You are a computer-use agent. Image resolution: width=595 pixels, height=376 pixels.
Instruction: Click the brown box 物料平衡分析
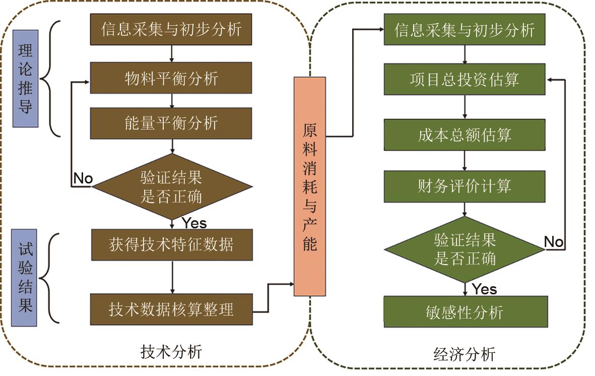coord(171,79)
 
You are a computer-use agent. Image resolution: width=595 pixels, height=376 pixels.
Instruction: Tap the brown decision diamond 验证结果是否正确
coord(171,187)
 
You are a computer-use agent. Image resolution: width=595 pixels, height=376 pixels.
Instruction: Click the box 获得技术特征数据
coord(171,245)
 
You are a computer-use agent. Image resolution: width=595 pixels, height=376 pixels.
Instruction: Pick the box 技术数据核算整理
coord(171,308)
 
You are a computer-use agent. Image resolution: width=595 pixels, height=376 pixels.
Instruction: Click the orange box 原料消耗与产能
coord(310,186)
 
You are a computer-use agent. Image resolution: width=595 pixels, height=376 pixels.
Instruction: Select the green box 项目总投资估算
coord(464,79)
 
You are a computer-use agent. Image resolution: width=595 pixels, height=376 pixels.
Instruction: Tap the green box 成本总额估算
coord(464,135)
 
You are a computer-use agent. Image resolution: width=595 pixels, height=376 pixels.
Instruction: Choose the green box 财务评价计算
coord(464,186)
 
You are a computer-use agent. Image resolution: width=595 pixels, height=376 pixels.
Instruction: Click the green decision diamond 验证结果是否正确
coord(464,249)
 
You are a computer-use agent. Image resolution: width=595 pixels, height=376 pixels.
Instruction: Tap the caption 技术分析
coord(172,351)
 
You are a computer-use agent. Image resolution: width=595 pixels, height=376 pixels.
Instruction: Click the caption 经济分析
coord(464,354)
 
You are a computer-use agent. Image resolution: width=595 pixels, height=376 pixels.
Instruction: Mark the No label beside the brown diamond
coord(83,178)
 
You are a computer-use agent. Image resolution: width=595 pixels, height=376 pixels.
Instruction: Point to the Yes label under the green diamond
coord(485,289)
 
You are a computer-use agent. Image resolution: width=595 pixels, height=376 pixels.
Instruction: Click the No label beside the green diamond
coord(554,242)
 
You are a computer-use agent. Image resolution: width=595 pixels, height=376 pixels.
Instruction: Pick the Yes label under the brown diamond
coord(194,223)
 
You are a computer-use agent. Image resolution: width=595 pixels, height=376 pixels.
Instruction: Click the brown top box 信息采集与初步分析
coord(171,29)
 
